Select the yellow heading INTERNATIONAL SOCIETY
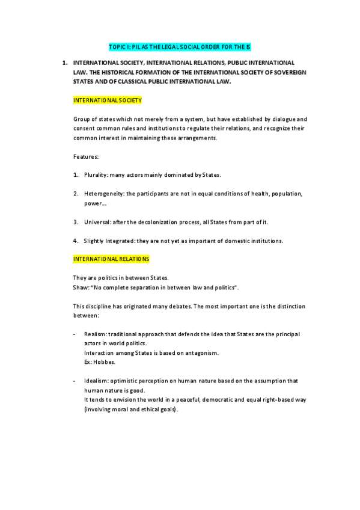(107, 100)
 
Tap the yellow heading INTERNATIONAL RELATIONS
(111, 259)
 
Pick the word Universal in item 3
(96, 222)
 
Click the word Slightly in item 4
(95, 241)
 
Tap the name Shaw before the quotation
(81, 287)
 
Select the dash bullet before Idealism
(74, 381)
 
